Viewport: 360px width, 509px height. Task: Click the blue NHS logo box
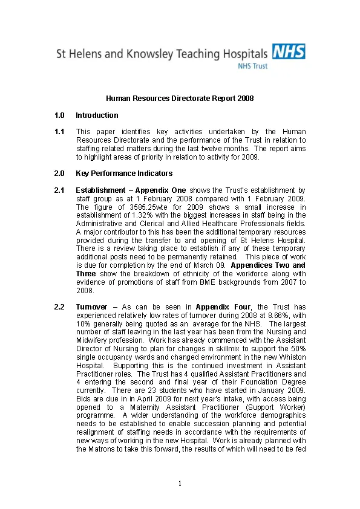289,51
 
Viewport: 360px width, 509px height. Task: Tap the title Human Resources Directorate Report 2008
180,98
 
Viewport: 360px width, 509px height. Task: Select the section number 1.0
59,115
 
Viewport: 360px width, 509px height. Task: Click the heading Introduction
97,115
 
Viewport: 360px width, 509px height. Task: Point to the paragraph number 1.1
59,132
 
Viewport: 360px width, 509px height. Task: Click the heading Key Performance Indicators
115,173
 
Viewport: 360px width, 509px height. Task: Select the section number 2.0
59,173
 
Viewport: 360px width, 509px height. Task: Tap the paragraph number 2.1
59,190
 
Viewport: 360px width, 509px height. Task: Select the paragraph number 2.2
59,307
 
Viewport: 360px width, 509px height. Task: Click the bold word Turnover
92,307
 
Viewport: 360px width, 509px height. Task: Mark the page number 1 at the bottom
180,483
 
